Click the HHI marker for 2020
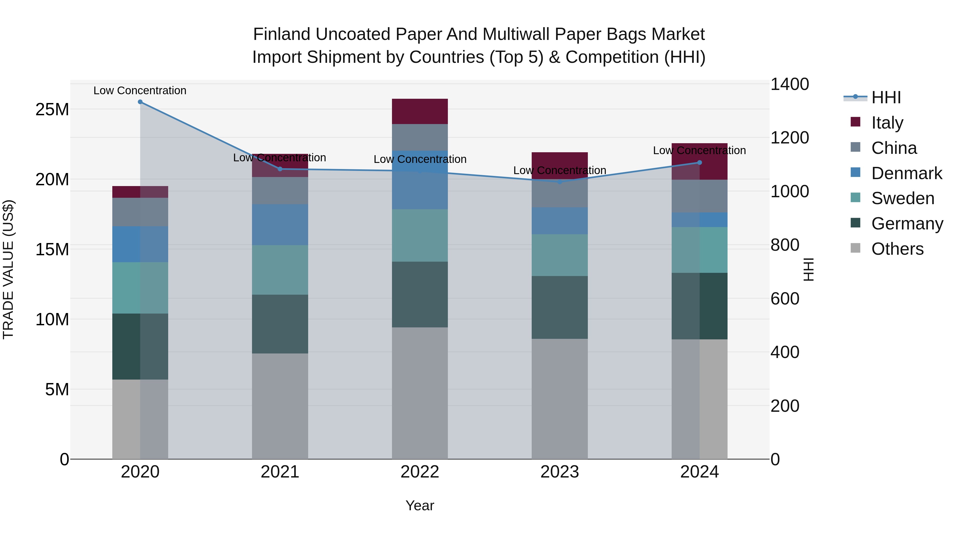(x=140, y=102)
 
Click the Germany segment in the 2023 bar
(x=559, y=307)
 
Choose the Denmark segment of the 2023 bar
(x=559, y=221)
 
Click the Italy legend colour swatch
(x=855, y=122)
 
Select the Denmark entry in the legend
(x=906, y=173)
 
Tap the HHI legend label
(x=886, y=97)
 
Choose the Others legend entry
(x=897, y=249)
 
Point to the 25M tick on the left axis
(x=52, y=109)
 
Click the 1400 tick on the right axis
(x=789, y=84)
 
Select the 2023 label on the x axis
(x=559, y=472)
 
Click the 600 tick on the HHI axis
(x=785, y=299)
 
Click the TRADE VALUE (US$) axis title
(x=8, y=269)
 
